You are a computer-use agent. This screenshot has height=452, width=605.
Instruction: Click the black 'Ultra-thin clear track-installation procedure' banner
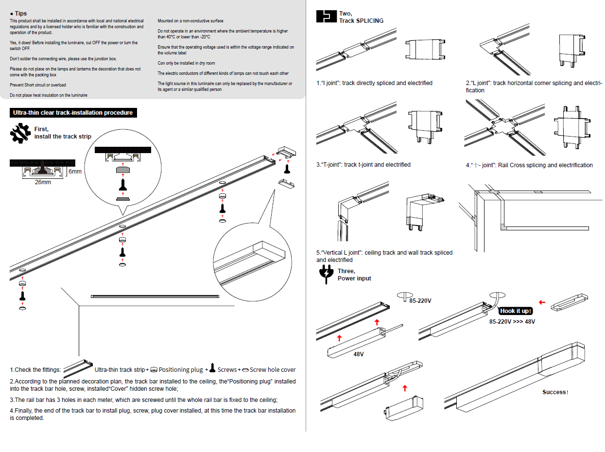coord(73,113)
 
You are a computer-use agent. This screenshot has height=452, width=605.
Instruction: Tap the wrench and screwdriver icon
coord(20,133)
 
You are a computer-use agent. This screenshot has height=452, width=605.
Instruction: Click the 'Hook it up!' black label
coord(516,311)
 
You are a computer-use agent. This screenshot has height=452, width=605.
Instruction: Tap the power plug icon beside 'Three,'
coord(325,275)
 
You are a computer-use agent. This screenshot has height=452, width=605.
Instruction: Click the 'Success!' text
coord(555,392)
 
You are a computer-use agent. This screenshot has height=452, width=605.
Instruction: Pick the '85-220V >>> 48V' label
coord(512,322)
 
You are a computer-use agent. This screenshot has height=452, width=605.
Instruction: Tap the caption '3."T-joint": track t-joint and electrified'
coord(363,165)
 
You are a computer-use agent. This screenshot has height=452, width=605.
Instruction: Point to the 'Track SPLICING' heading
coord(361,21)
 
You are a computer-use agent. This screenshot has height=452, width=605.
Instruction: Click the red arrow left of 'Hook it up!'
coord(542,302)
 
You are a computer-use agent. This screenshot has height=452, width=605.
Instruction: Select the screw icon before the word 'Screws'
coord(212,368)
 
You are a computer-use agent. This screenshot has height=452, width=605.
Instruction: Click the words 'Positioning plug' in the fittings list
coord(180,370)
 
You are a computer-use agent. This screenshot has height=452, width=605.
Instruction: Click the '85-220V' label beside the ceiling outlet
coord(420,301)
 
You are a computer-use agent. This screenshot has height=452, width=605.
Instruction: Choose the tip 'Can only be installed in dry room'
coord(186,63)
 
